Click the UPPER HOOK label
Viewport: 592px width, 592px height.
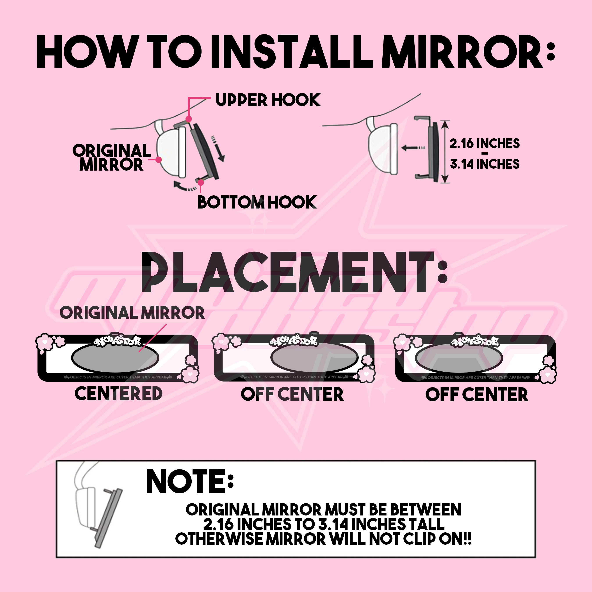click(268, 100)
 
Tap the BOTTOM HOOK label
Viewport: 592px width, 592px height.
click(257, 202)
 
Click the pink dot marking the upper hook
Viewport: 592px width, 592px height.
click(189, 119)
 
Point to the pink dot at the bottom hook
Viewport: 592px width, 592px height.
click(201, 183)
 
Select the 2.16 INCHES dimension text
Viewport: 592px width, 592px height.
click(484, 143)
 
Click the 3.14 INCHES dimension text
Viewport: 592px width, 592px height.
click(484, 164)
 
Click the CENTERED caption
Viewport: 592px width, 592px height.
click(119, 393)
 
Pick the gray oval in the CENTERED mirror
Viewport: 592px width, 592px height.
click(115, 358)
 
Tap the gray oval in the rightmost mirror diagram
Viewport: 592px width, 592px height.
click(459, 358)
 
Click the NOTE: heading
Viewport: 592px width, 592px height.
click(190, 482)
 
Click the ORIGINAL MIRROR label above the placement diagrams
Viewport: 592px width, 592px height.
click(132, 312)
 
